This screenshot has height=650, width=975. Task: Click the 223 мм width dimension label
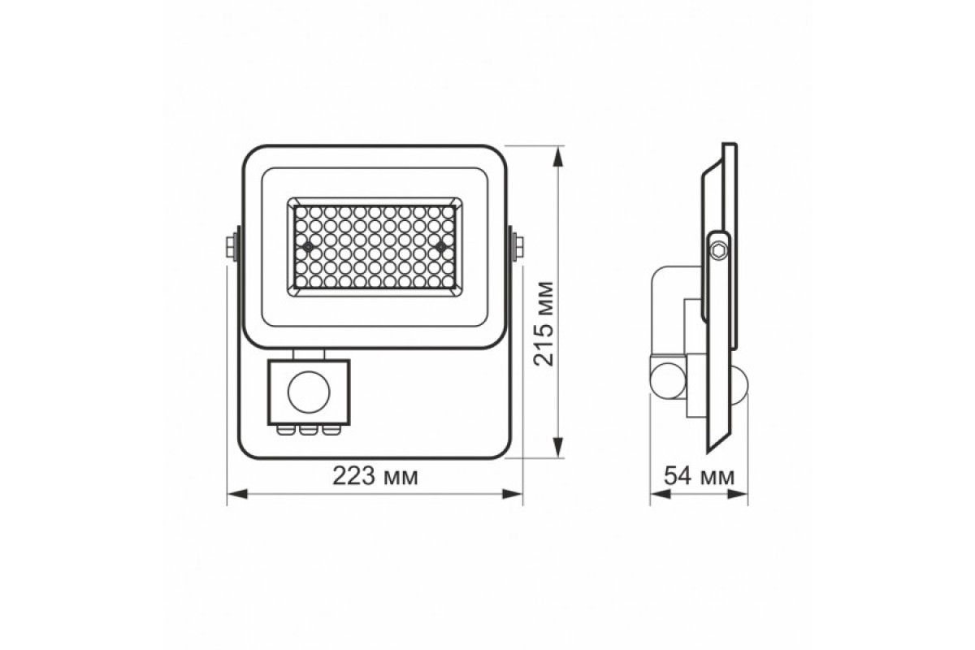(x=375, y=477)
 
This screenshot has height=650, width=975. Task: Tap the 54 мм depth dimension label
(x=699, y=477)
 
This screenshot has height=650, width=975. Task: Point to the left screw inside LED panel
(x=309, y=244)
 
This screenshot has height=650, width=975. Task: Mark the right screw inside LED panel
(x=440, y=244)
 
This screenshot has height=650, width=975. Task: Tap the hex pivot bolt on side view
(x=718, y=248)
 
